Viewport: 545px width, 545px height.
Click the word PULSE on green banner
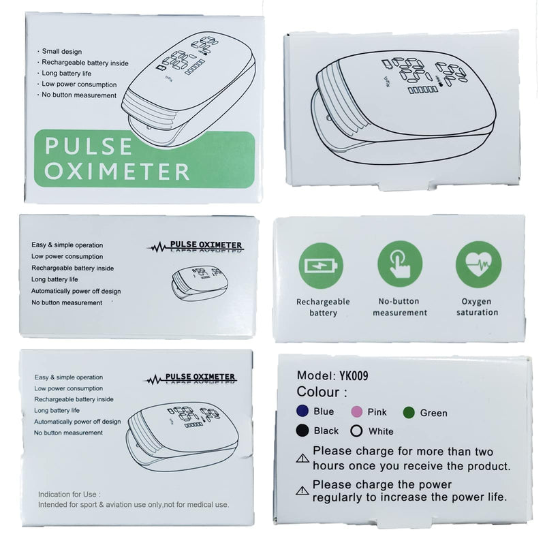coord(89,146)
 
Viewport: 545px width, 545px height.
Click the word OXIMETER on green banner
coord(116,171)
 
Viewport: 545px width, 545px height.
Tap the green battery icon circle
coord(320,264)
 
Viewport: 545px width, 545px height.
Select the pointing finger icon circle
coord(400,264)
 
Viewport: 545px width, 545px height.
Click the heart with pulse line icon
coord(478,264)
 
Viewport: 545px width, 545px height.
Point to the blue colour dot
coord(302,411)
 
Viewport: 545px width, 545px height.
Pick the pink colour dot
coord(355,412)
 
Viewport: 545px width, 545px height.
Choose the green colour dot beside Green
coord(409,412)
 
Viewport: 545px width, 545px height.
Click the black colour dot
coord(302,431)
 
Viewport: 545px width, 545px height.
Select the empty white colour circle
coord(355,431)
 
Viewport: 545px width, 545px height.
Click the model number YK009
coord(356,375)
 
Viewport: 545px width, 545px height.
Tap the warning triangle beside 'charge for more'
coord(302,458)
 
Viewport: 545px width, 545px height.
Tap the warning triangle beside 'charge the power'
coord(302,490)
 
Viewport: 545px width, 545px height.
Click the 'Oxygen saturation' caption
coord(478,307)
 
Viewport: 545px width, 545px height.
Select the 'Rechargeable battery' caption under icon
coord(323,307)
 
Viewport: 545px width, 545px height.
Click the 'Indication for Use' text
coord(69,494)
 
